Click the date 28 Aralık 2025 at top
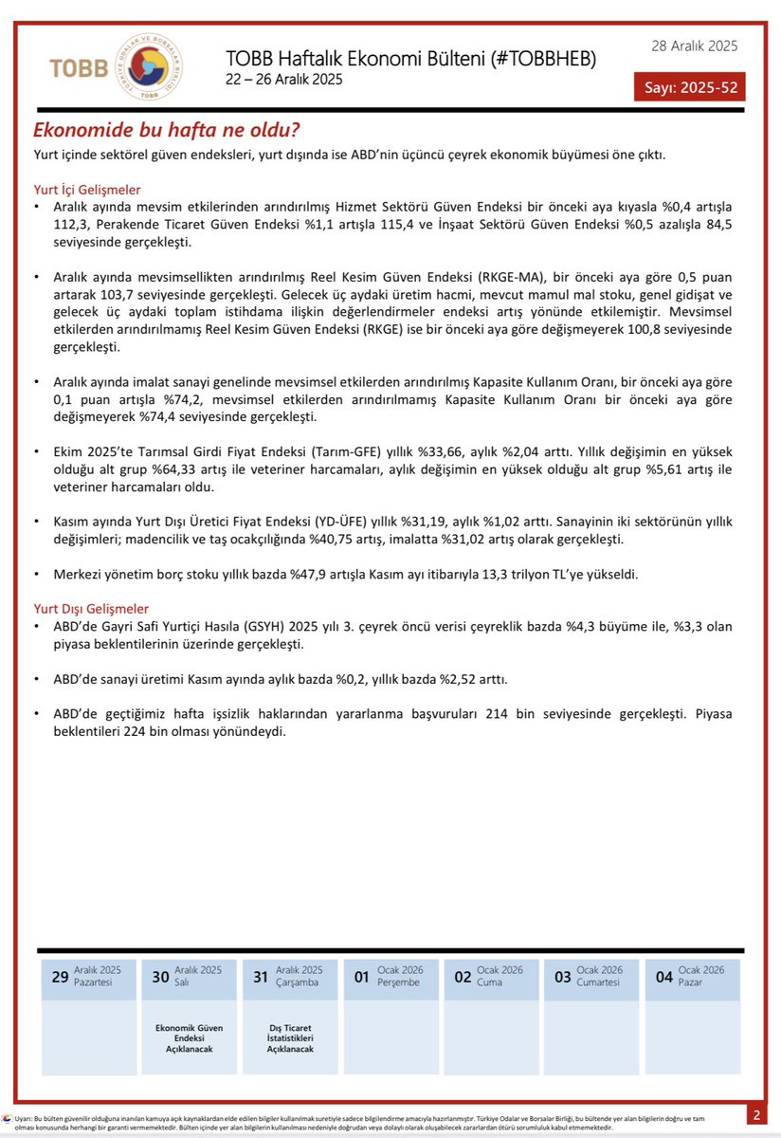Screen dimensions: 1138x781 (694, 46)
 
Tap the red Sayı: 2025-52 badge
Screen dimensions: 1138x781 (689, 88)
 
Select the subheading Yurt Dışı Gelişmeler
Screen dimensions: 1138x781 (91, 608)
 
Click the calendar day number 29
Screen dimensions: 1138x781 (60, 977)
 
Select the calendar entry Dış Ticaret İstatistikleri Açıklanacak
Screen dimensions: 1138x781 (289, 1038)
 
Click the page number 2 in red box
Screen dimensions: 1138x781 (756, 1114)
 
